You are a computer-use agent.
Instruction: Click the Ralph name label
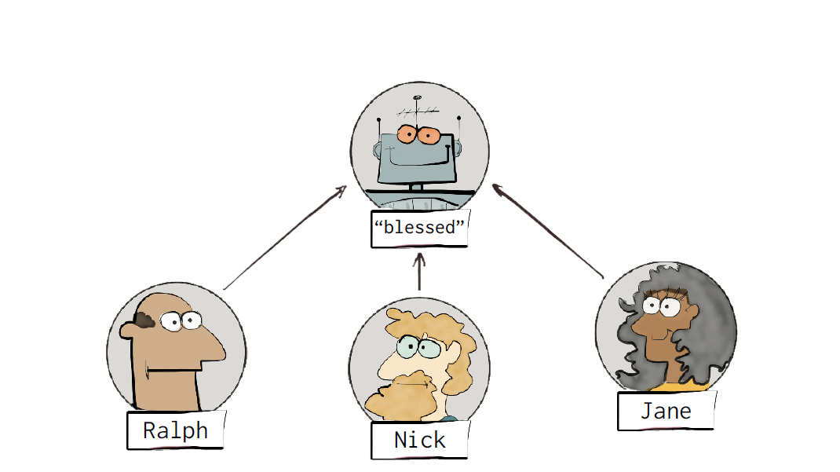coord(176,430)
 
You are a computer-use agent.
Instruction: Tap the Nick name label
coord(419,440)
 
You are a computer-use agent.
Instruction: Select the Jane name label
coord(666,411)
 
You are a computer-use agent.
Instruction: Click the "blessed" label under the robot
coord(419,228)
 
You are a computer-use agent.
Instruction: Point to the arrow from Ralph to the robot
coord(285,238)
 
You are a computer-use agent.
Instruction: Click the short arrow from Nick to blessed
coord(419,272)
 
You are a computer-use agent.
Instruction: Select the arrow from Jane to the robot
coord(547,231)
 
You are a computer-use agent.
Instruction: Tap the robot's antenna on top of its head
coord(418,111)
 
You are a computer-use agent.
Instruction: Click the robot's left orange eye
coord(407,134)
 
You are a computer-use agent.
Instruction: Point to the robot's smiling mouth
coord(420,158)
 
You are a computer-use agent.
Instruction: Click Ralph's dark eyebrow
coord(144,320)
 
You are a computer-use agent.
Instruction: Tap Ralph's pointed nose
coord(212,348)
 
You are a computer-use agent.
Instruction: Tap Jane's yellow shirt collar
coord(682,386)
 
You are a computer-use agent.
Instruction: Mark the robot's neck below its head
coord(417,187)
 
